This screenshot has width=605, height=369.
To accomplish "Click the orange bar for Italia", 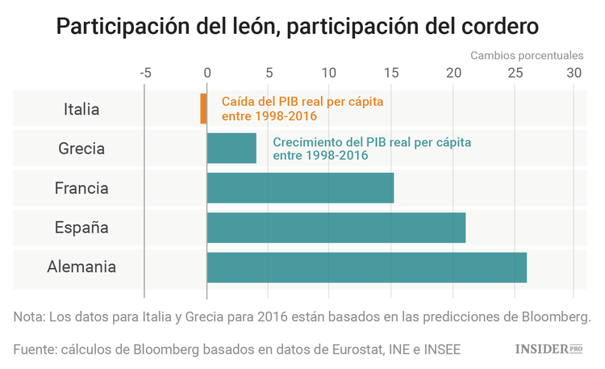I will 203,109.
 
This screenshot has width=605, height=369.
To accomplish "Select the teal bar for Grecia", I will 232,149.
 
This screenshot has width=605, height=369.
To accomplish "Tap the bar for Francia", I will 300,188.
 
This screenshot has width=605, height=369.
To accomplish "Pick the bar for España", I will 336,228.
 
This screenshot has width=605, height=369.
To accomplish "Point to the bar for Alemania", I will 366,267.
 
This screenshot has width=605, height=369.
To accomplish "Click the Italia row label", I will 81,109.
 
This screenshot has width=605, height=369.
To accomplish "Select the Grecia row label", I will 81,149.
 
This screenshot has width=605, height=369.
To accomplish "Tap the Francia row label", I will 81,188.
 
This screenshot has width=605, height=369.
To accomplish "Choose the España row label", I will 81,228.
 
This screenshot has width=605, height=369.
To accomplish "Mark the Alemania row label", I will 81,267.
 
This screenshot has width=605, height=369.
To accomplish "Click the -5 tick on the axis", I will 145,72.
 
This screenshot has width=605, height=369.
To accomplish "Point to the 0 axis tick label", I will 207,72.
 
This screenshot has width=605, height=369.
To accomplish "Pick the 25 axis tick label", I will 513,72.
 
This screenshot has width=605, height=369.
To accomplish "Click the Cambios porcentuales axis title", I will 526,56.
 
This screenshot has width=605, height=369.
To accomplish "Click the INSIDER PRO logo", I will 549,349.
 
